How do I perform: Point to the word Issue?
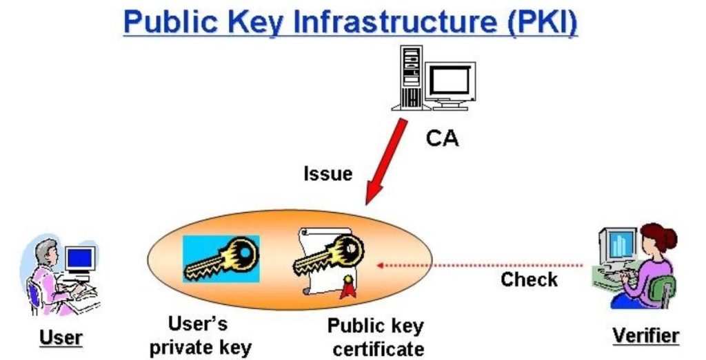pos(327,173)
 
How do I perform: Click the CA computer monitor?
pos(450,83)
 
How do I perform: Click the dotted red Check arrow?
pos(483,264)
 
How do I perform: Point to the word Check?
pos(529,280)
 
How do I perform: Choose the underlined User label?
pos(61,337)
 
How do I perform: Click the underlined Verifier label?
pos(645,336)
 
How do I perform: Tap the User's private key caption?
pos(201,336)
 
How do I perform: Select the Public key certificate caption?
pos(376,337)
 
